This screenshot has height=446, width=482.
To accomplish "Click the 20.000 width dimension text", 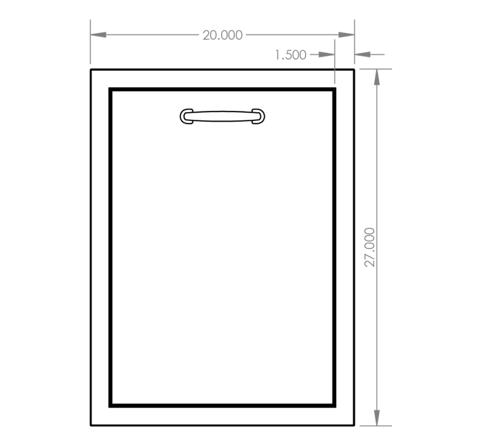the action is [223, 35].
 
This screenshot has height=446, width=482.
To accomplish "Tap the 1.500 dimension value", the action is [290, 55].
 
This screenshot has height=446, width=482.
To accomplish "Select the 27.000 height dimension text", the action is [369, 247].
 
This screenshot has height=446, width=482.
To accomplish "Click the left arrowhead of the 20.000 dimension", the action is [98, 35].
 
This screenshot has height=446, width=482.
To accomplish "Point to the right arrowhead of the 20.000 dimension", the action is [346, 35].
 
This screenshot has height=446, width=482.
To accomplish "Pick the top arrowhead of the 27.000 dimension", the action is [377, 77].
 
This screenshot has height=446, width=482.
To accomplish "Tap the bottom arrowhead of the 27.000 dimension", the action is [377, 418].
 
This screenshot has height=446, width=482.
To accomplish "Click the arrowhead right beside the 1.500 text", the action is [327, 54].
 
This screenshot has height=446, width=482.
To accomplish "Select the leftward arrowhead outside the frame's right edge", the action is [362, 54].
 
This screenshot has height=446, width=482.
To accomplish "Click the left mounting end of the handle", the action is [187, 116].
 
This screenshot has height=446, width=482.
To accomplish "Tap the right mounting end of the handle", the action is [259, 116].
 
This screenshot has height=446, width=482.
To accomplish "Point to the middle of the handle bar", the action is [222, 116].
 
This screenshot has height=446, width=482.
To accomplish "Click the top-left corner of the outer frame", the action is [90, 70].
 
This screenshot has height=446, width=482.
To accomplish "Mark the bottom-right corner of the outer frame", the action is [354, 426].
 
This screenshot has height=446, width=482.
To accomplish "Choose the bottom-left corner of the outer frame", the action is [90, 426].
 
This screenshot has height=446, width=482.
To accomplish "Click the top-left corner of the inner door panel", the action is [110, 89].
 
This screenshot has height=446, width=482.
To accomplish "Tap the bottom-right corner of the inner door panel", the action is [334, 406].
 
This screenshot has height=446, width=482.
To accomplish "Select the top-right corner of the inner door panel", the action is [334, 89].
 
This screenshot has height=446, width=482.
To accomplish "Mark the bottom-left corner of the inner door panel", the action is [110, 406].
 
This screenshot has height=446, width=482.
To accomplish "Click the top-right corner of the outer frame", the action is [354, 70].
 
